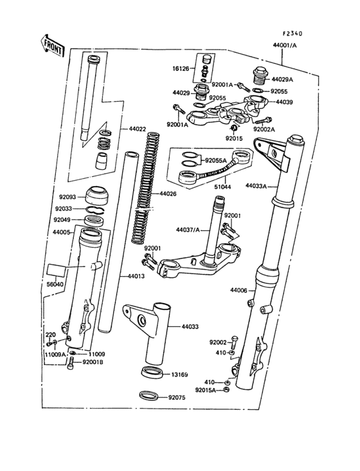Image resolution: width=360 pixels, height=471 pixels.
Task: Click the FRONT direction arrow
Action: (x=51, y=44)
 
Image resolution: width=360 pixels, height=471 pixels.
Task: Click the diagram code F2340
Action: (x=292, y=33)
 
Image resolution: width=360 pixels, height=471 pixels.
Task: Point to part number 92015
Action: (x=234, y=138)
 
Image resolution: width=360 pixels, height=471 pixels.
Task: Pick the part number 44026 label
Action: (x=168, y=194)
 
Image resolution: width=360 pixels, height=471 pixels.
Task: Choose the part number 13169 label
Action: (x=179, y=374)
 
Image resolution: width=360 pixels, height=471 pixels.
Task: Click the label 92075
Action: (x=177, y=398)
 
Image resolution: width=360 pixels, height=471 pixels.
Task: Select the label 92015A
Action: (x=206, y=390)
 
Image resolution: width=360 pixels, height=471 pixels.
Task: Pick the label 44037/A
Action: (x=188, y=229)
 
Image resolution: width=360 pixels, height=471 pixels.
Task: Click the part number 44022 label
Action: (x=138, y=129)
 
